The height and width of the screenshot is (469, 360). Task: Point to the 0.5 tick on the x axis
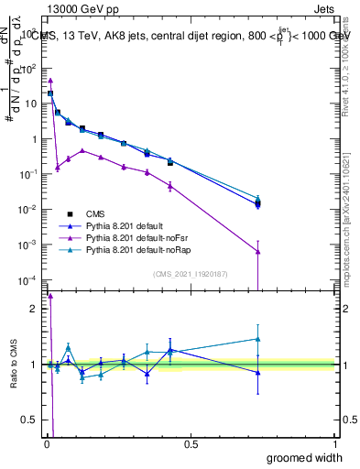coord(191,444)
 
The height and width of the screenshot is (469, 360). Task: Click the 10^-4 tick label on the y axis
coord(27,279)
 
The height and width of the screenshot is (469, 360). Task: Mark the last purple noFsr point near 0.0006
coord(258,251)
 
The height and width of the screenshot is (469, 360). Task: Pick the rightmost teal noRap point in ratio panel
coord(258,339)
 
